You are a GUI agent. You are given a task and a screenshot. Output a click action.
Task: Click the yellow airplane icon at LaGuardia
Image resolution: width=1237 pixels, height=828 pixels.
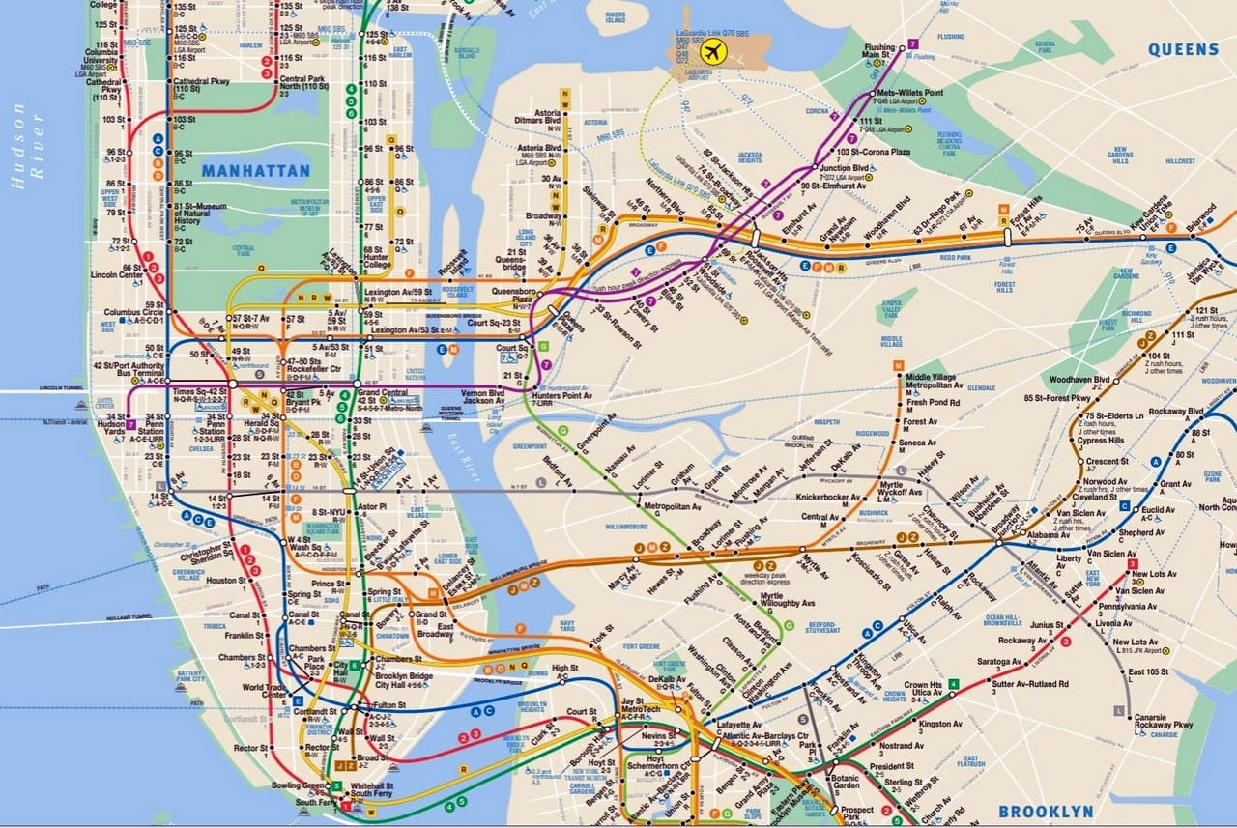click(x=715, y=51)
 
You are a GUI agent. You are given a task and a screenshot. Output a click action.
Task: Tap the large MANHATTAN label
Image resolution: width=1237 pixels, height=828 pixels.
click(x=256, y=171)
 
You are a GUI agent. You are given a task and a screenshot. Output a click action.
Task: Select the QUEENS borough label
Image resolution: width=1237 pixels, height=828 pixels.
click(x=1184, y=49)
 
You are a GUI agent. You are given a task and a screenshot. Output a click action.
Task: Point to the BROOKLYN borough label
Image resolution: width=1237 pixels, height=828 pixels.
click(x=1046, y=812)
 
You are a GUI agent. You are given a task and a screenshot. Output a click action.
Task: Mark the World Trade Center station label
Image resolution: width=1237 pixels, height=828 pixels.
click(x=264, y=691)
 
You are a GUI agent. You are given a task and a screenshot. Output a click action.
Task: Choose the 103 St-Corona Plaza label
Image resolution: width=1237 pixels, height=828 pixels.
click(x=874, y=153)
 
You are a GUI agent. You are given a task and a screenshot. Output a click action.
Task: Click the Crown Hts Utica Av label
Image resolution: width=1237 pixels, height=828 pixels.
click(x=922, y=689)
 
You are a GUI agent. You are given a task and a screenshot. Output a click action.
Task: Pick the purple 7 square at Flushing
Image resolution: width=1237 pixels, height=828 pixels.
click(x=912, y=45)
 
